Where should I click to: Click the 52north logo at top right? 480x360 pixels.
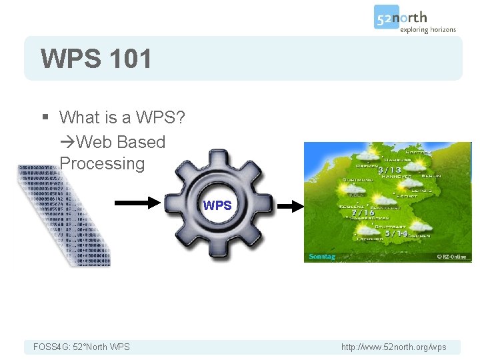(x=415, y=20)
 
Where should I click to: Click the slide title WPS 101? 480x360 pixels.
(x=96, y=59)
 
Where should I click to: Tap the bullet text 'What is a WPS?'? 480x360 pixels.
(x=122, y=118)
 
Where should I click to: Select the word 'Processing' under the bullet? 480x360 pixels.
(x=102, y=163)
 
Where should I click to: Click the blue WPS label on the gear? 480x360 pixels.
(x=217, y=205)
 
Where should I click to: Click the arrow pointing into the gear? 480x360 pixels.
(x=138, y=204)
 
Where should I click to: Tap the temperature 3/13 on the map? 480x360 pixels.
(x=390, y=170)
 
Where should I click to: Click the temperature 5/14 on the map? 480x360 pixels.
(x=396, y=233)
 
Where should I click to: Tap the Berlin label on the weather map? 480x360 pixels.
(x=430, y=176)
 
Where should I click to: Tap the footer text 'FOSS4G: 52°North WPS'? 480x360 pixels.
(x=82, y=347)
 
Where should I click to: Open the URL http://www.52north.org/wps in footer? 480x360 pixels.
(x=394, y=347)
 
